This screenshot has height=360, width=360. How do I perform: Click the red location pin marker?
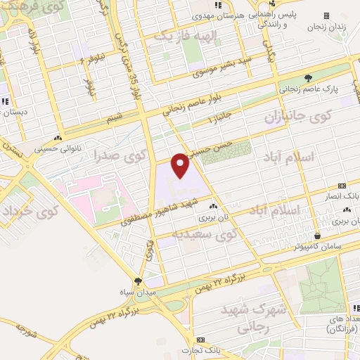[181, 166]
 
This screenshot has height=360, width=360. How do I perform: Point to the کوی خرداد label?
[27, 210]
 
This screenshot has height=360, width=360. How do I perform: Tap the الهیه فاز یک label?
[162, 36]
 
